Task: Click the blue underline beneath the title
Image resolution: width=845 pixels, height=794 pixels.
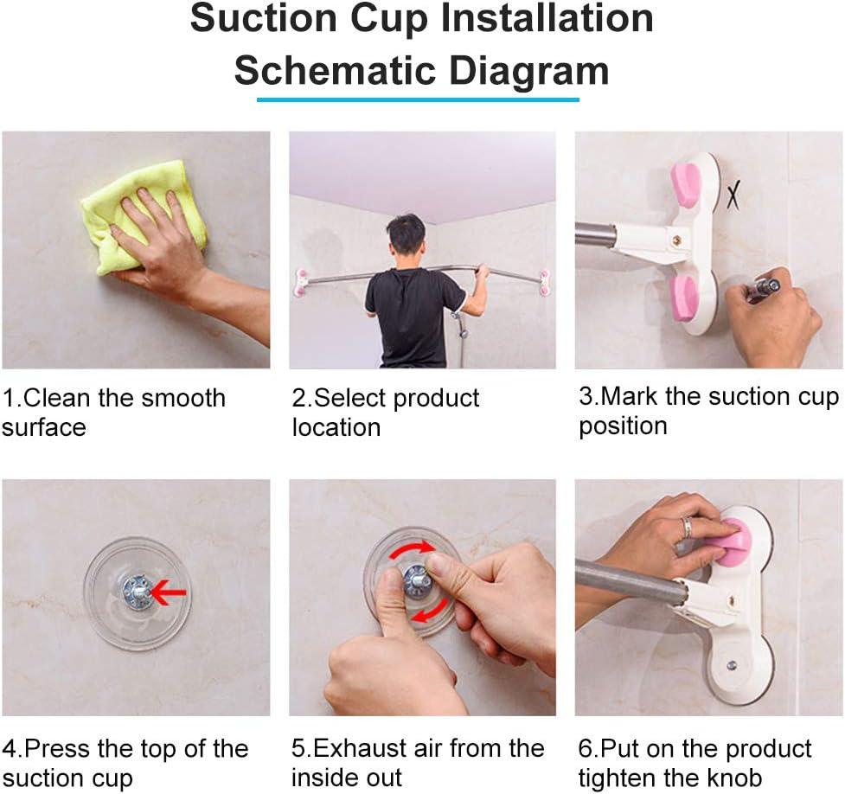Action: (x=418, y=99)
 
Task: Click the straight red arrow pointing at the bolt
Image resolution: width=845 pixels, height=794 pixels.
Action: (x=170, y=592)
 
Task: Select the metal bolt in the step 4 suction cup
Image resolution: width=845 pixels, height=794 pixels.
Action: (x=138, y=592)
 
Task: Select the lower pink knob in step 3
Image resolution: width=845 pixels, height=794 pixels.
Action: (x=685, y=298)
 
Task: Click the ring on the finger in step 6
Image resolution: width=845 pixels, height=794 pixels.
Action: (x=685, y=528)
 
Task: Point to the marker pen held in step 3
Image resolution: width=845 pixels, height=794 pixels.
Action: (x=763, y=288)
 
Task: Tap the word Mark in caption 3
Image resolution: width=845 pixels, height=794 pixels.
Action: (x=631, y=397)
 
